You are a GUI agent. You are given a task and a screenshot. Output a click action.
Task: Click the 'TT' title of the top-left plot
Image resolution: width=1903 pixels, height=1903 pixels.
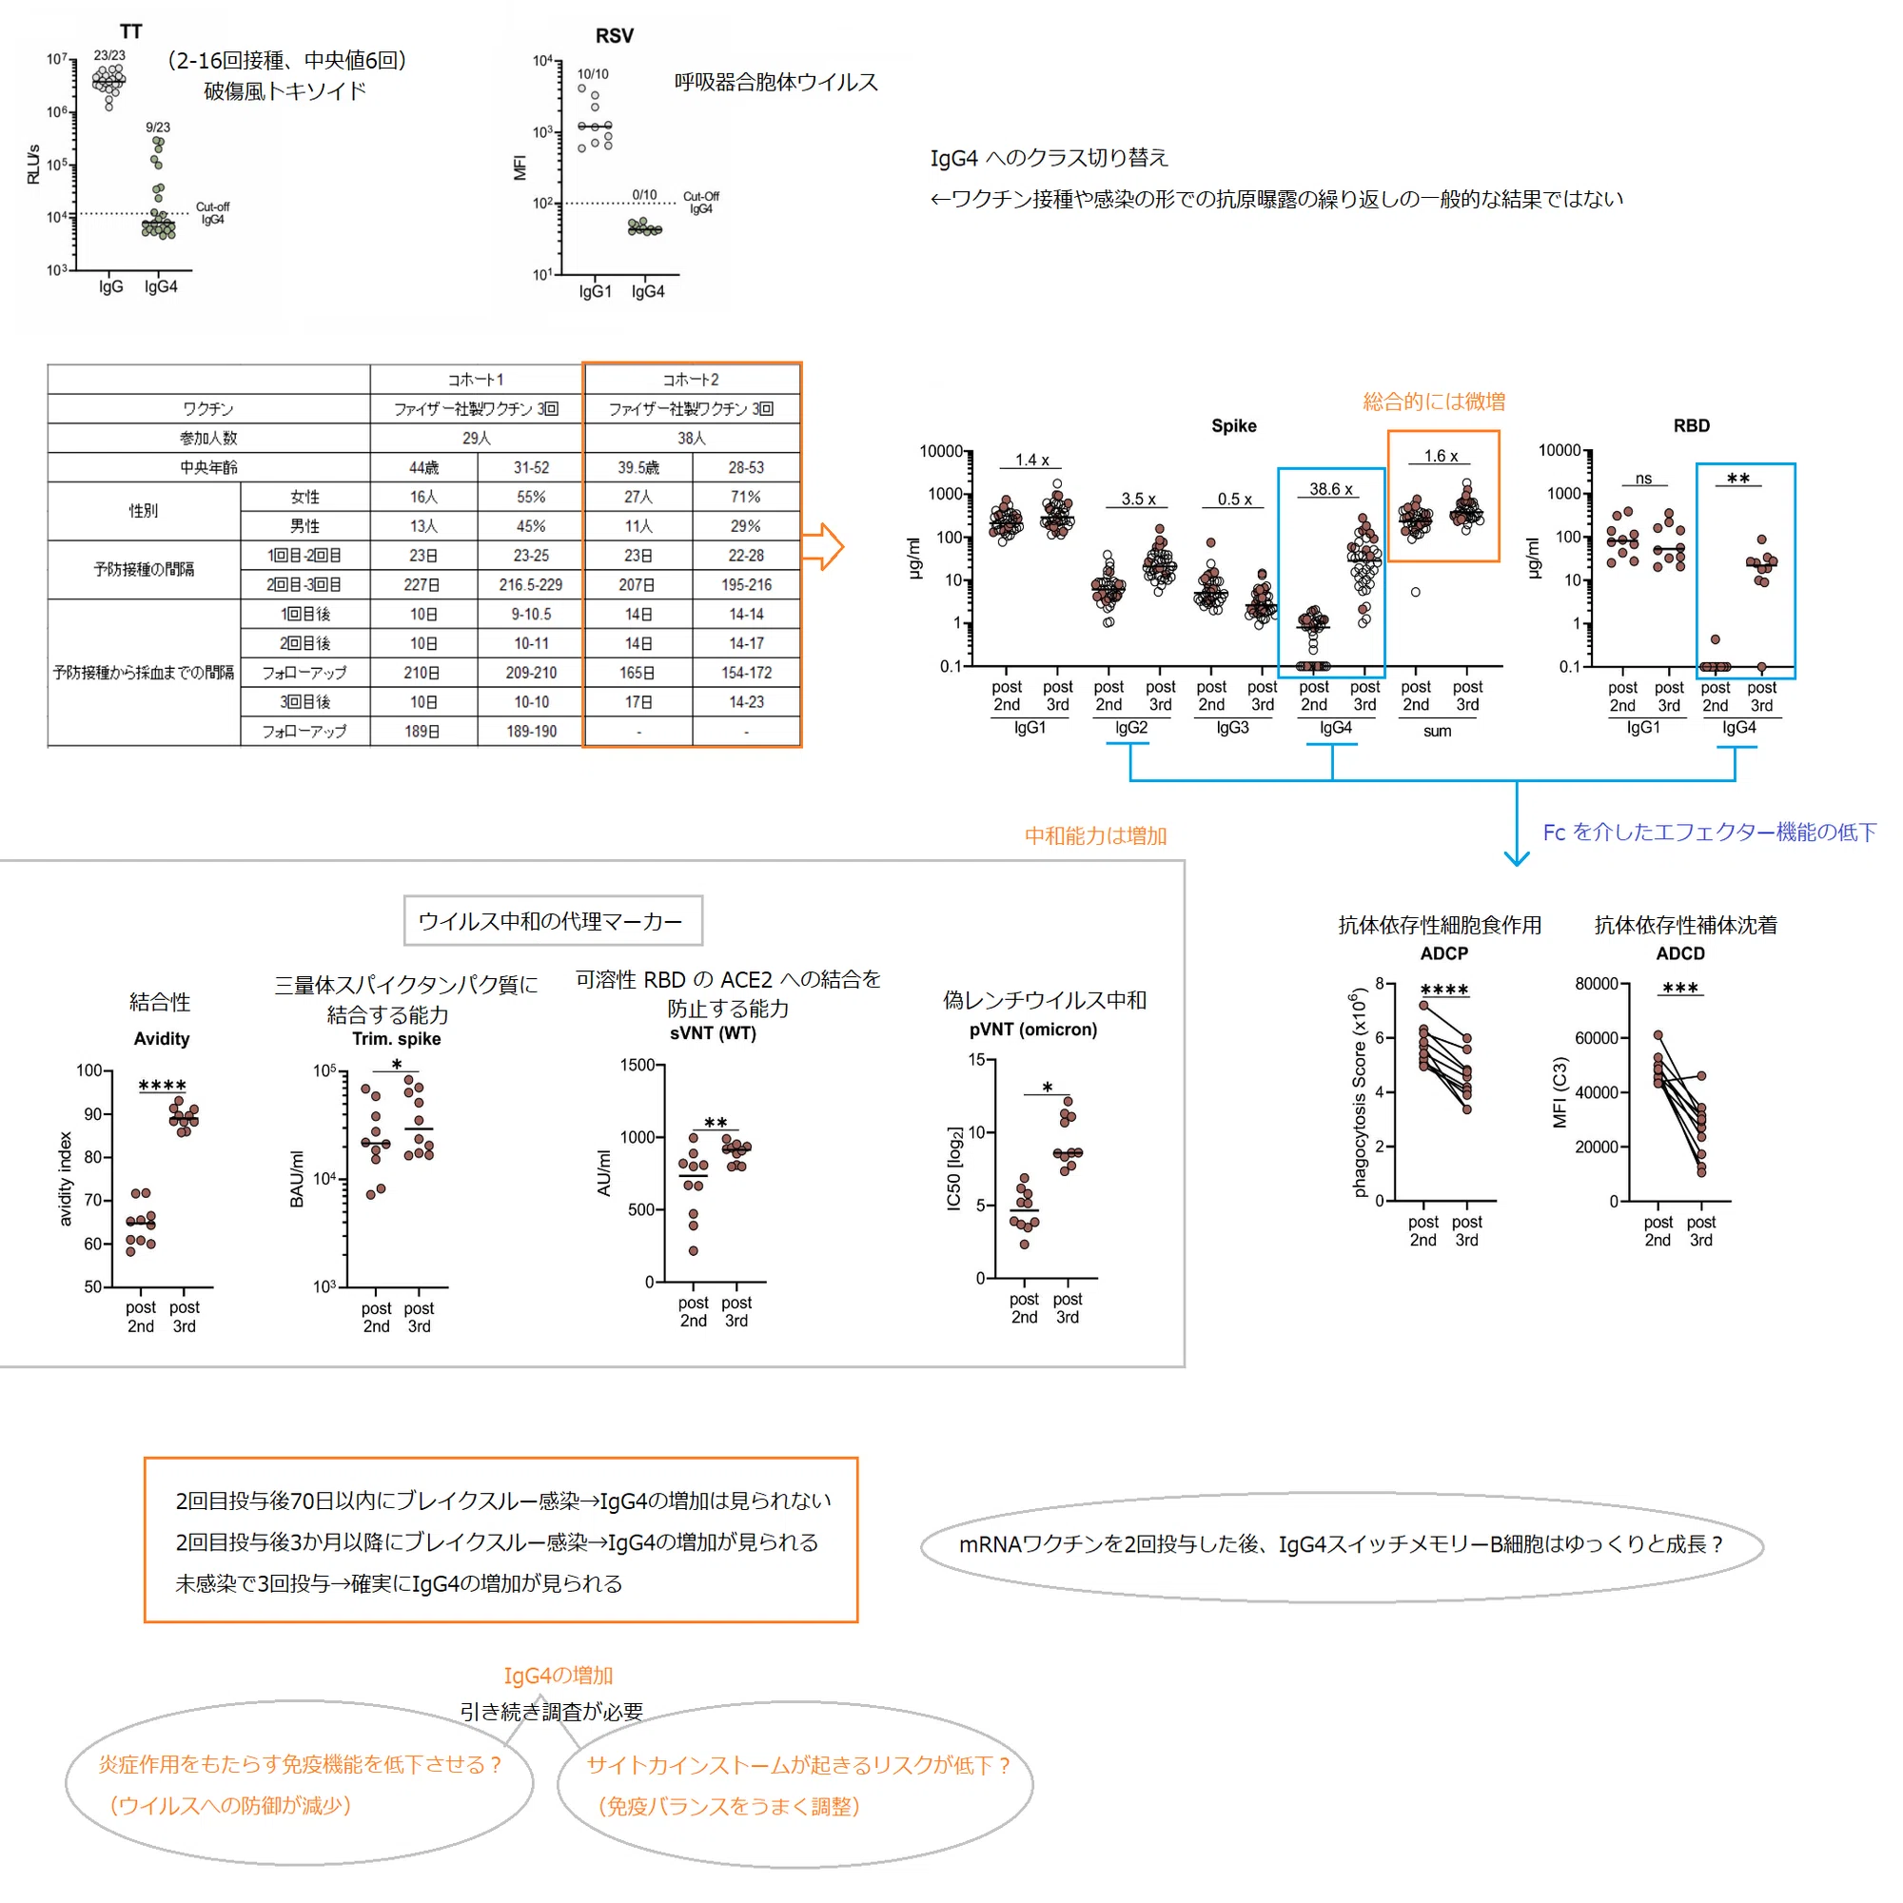point(131,31)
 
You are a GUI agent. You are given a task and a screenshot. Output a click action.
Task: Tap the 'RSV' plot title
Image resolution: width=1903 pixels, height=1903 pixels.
point(615,35)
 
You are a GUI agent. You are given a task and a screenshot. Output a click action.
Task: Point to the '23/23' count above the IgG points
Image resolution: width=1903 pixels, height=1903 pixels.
point(109,56)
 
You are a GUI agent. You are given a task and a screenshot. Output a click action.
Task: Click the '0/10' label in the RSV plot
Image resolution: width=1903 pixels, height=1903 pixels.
point(644,195)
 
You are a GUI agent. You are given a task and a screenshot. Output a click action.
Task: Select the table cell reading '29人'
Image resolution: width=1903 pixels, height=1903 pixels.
point(477,439)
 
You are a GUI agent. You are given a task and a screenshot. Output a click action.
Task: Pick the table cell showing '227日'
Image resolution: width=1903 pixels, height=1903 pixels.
point(422,585)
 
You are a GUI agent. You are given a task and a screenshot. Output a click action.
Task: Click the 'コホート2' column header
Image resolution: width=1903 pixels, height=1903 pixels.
point(691,381)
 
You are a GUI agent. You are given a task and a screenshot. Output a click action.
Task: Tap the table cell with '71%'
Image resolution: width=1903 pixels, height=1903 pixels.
point(746,498)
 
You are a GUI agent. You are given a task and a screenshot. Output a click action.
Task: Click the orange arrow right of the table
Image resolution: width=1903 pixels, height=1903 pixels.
point(822,547)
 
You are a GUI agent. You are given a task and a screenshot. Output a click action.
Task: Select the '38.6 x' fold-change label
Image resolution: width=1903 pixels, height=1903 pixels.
point(1331,489)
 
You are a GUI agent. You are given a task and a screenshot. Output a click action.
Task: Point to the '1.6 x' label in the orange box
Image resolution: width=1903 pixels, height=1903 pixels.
point(1441,456)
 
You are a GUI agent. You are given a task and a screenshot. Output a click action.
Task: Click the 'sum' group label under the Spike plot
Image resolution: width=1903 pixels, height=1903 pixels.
point(1437,731)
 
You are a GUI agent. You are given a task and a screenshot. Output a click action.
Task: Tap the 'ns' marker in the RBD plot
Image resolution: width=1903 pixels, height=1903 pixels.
point(1644,479)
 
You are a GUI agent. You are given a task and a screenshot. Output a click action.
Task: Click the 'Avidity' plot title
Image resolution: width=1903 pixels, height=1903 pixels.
point(162,1038)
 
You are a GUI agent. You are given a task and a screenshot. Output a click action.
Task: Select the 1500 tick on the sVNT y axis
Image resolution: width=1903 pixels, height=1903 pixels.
point(638,1065)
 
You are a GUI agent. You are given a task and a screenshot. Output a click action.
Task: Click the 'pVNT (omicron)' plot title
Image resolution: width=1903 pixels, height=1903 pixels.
point(1033,1030)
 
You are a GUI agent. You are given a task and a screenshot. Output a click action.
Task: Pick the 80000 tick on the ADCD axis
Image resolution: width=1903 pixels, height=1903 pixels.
point(1597,984)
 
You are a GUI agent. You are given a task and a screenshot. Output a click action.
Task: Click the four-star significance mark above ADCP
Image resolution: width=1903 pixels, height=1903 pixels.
point(1444,990)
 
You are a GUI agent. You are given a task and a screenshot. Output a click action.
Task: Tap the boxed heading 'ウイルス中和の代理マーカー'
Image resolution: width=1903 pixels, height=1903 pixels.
point(551,921)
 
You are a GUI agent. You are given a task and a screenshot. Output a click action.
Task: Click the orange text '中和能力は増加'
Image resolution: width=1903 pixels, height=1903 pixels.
point(1095,836)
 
